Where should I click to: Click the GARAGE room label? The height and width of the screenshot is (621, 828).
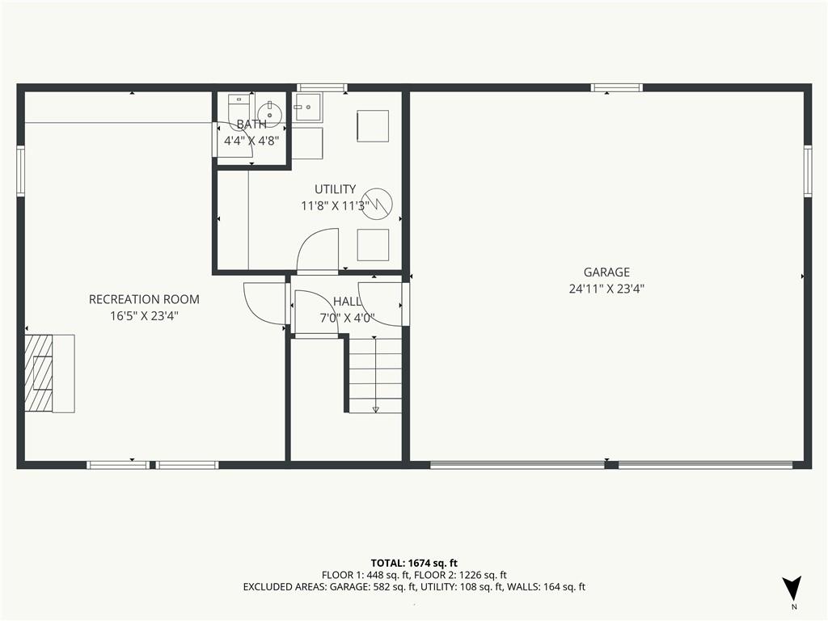606,272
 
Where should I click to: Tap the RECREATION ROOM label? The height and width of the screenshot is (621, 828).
144,299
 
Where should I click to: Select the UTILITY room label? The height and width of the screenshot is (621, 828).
336,189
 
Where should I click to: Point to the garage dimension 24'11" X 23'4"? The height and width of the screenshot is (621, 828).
606,289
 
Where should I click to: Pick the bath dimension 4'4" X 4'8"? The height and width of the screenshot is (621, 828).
251,141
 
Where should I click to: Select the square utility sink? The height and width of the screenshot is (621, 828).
308,108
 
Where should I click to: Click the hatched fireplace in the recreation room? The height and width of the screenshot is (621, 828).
40,373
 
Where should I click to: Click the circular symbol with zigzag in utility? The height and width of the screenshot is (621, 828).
379,203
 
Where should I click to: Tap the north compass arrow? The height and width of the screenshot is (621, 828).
792,588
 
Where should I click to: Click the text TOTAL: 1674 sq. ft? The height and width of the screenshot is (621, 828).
414,563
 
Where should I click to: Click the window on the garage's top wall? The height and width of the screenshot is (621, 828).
617,87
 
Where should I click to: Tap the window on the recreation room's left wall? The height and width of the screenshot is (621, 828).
20,171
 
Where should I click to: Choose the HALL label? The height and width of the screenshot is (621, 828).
347,302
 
